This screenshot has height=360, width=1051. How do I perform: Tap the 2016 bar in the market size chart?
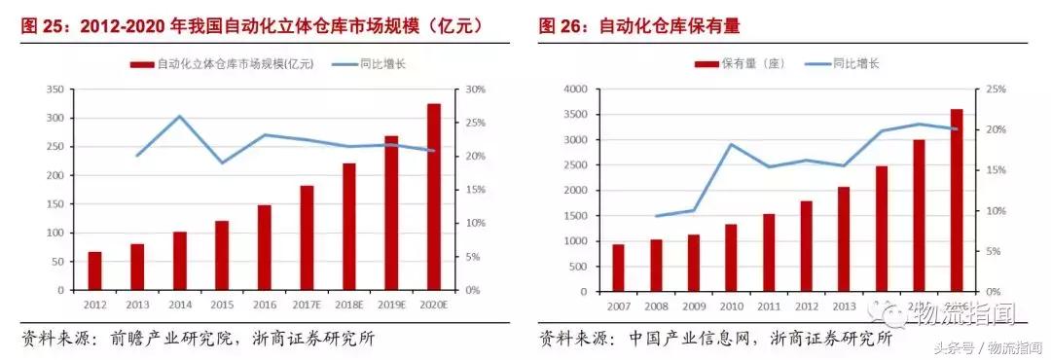[264, 247]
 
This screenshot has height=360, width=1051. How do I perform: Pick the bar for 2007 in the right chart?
[618, 268]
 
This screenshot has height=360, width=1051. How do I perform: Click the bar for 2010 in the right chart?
[731, 258]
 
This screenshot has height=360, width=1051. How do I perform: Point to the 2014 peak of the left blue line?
[179, 116]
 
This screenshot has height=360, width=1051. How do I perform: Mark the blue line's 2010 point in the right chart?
[731, 144]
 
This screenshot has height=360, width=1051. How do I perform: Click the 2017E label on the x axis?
[307, 304]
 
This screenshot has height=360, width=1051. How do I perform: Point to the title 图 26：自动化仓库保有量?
[646, 25]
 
